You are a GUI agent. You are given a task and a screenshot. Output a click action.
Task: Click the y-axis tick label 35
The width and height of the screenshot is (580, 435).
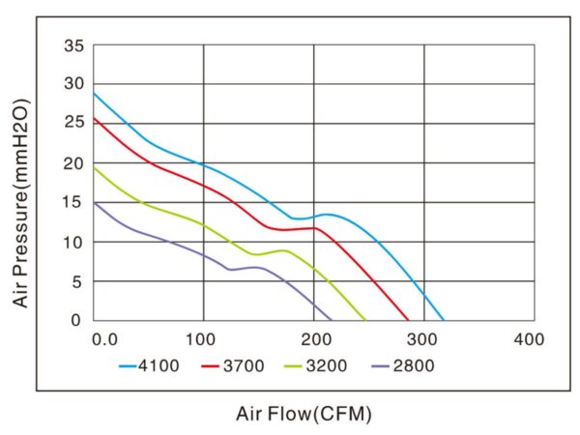[x=74, y=45]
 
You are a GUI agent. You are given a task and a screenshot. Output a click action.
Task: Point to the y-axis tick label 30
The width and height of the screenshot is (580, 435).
[x=74, y=84]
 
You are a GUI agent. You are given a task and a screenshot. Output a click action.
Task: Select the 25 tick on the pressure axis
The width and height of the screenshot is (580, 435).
[x=74, y=124]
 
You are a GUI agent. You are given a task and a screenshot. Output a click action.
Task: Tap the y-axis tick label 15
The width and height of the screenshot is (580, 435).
[x=74, y=202]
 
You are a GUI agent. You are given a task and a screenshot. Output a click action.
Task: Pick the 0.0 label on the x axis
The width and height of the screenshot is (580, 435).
[x=103, y=339]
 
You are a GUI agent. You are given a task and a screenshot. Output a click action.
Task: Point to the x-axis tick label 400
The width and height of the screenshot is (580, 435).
[x=531, y=339]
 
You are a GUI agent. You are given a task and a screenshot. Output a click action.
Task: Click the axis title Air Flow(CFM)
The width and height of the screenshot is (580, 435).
[x=304, y=414]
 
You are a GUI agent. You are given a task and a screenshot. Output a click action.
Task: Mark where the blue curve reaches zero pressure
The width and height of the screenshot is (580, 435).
[x=444, y=320]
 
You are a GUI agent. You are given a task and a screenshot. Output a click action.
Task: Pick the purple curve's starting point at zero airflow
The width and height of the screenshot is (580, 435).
[x=94, y=203]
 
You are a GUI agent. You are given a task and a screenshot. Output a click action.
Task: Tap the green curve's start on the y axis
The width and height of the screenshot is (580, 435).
[x=94, y=167]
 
